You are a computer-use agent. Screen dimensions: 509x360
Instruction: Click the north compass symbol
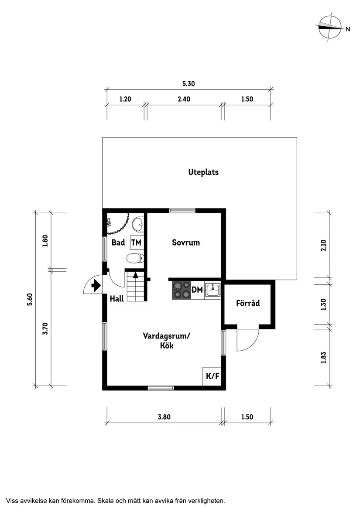[330, 27]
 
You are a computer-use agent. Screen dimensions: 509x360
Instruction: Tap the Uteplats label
[203, 172]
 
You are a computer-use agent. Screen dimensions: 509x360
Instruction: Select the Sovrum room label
[186, 243]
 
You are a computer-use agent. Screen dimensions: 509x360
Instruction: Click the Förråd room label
[248, 303]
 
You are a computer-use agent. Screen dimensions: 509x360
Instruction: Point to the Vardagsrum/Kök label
[167, 341]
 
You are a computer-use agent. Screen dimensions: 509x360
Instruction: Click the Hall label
[117, 299]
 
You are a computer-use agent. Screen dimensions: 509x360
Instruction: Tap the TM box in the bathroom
[137, 243]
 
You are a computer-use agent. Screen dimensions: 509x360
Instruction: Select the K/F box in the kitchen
[213, 376]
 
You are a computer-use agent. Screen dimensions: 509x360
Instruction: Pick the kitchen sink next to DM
[213, 290]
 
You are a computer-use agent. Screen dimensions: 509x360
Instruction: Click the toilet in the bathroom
[135, 259]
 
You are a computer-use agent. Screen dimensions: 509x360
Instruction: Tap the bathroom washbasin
[138, 224]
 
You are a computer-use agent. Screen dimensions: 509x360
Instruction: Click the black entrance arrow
[94, 286]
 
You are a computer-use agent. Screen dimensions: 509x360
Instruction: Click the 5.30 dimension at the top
[188, 83]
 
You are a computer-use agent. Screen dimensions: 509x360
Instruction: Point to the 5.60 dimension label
[30, 299]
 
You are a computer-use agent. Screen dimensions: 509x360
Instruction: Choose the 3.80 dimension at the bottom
[164, 417]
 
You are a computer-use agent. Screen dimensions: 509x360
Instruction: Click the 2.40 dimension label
[184, 99]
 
